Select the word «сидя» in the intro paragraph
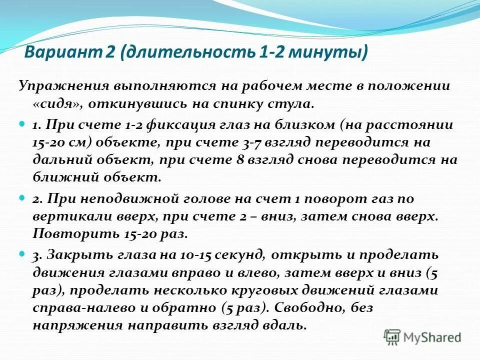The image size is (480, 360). click(53, 104)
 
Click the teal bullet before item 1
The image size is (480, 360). click(21, 123)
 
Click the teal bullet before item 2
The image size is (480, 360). click(21, 198)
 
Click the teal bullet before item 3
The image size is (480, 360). click(21, 254)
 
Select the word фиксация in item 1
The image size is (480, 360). click(162, 125)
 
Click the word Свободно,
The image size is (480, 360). click(308, 308)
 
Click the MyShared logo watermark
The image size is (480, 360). click(422, 337)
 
